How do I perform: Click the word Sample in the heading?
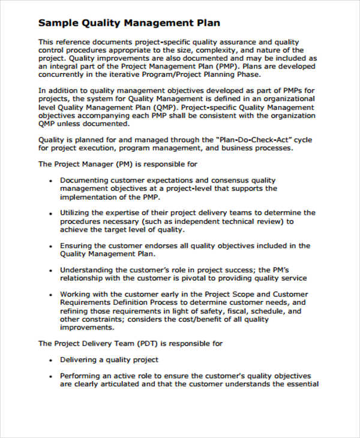(x=58, y=23)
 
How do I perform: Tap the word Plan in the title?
(x=205, y=23)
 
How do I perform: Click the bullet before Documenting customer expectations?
(x=48, y=180)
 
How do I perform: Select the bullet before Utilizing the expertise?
(x=48, y=212)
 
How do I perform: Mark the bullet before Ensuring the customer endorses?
(x=48, y=245)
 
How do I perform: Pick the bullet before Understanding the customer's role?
(x=48, y=270)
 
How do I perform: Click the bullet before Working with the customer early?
(x=48, y=295)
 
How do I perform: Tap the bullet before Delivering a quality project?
(x=48, y=359)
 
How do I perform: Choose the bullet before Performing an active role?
(x=48, y=376)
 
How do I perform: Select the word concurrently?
(x=62, y=75)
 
